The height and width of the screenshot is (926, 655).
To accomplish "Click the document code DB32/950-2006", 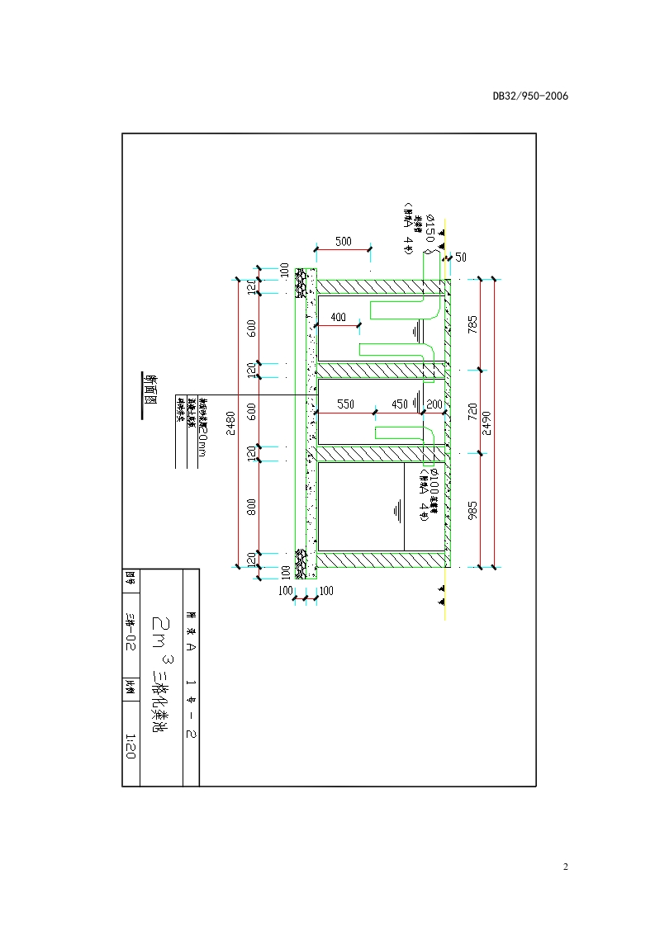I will tap(530, 96).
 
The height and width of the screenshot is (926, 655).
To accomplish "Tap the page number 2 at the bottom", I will tap(565, 867).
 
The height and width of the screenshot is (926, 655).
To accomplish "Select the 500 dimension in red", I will tap(343, 242).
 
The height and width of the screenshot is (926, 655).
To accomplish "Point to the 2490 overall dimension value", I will tap(487, 423).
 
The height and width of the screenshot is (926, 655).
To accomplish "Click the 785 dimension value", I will tap(472, 324).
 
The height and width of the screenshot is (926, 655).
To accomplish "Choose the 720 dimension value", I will tap(472, 410).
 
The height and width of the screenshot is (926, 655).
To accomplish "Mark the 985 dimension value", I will tap(472, 509).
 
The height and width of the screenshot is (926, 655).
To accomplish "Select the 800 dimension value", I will tap(251, 506).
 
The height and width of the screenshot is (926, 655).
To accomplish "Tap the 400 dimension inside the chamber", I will tap(338, 318).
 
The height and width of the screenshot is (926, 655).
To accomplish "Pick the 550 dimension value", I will tap(345, 404).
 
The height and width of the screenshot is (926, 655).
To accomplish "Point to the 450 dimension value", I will tap(399, 404).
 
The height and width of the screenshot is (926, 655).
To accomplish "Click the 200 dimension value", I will tap(434, 404).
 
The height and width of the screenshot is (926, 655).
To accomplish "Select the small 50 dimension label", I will tap(461, 257).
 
